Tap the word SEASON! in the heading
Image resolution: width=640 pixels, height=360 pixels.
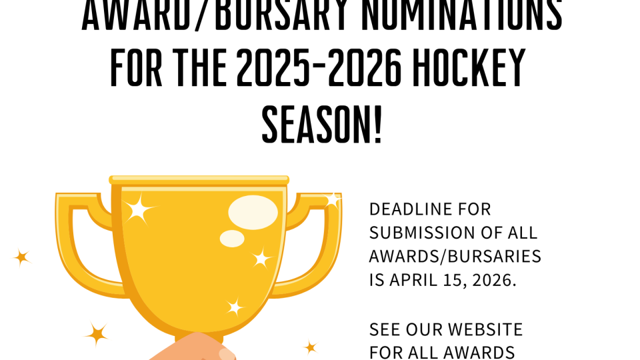(x=322, y=125)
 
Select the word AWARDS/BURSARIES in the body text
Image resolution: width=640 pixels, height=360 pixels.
(x=455, y=256)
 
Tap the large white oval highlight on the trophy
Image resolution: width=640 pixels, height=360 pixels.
(x=253, y=212)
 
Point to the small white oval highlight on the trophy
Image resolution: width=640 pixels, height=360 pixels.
(x=232, y=239)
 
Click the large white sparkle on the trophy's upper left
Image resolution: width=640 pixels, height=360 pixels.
(x=139, y=209)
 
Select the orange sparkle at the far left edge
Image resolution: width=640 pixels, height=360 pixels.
(x=21, y=257)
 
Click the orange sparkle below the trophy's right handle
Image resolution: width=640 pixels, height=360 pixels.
(x=310, y=347)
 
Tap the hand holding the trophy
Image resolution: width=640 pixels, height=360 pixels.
(x=193, y=350)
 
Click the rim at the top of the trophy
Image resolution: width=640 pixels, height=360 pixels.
(x=199, y=180)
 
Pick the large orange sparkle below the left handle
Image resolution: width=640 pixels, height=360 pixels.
(x=97, y=333)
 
